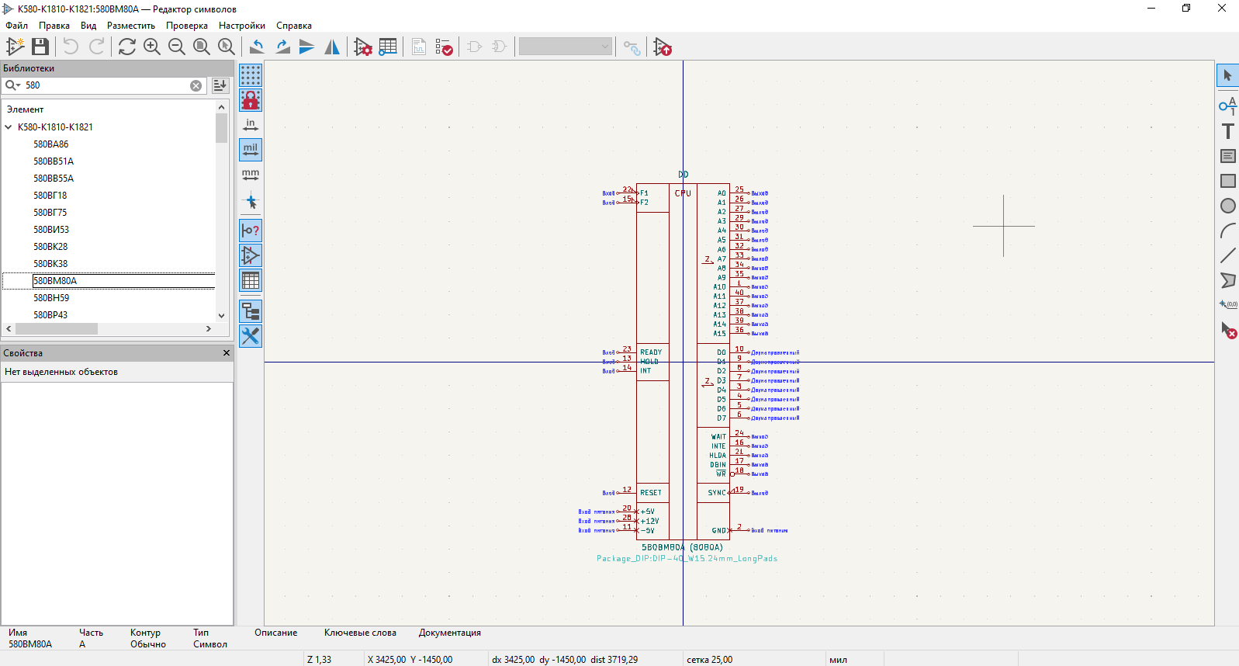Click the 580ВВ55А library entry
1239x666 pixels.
[x=53, y=179]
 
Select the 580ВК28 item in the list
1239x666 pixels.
[x=50, y=247]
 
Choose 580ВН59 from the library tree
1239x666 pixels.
[x=51, y=298]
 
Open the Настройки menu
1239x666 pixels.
[x=241, y=26]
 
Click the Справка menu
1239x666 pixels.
[x=293, y=26]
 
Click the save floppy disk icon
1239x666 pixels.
[x=40, y=47]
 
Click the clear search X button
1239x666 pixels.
[x=196, y=85]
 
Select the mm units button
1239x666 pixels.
[x=251, y=175]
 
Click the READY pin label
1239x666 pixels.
[x=651, y=352]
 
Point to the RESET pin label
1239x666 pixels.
[x=651, y=493]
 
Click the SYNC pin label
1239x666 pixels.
[x=716, y=493]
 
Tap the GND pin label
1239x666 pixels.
[x=718, y=531]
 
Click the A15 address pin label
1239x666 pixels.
[x=719, y=334]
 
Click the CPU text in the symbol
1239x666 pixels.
[x=683, y=193]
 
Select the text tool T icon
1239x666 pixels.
[x=1227, y=131]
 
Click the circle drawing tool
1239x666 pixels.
[x=1227, y=206]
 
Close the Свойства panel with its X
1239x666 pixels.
[x=227, y=353]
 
